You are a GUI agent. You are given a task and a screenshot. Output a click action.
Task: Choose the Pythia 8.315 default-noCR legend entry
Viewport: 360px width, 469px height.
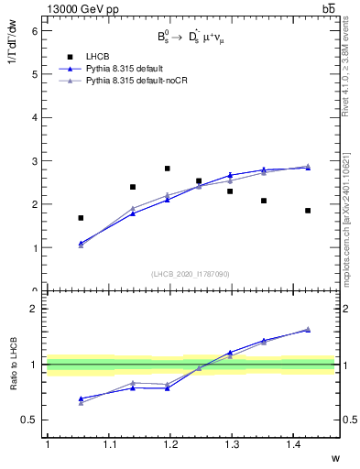coord(142,82)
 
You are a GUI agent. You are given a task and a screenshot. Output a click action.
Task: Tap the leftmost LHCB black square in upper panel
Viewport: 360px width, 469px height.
coord(81,218)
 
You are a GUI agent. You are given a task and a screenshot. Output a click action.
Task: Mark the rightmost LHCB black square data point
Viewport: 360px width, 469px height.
coord(308,211)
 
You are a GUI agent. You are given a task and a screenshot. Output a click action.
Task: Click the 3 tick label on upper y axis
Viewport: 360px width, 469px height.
coord(36,161)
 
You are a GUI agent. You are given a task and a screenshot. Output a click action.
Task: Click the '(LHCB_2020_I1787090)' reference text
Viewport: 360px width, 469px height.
coord(191,274)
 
